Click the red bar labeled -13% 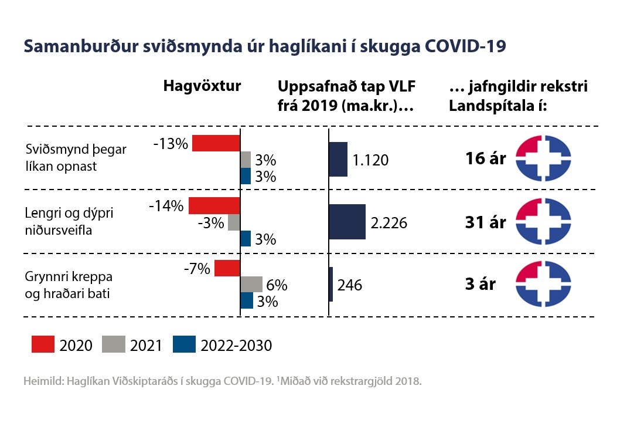click(x=216, y=143)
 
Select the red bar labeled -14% click(x=214, y=206)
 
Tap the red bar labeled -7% click(x=227, y=268)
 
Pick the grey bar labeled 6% click(x=252, y=285)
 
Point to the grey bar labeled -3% click(x=234, y=222)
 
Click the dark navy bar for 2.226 click(x=347, y=222)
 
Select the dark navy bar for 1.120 click(x=338, y=159)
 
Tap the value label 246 click(x=350, y=285)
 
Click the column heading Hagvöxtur click(x=202, y=86)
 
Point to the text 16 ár click(x=486, y=158)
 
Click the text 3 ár click(x=481, y=284)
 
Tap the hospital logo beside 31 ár click(x=543, y=221)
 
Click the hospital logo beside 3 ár click(x=543, y=285)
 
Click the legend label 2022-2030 click(x=236, y=346)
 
